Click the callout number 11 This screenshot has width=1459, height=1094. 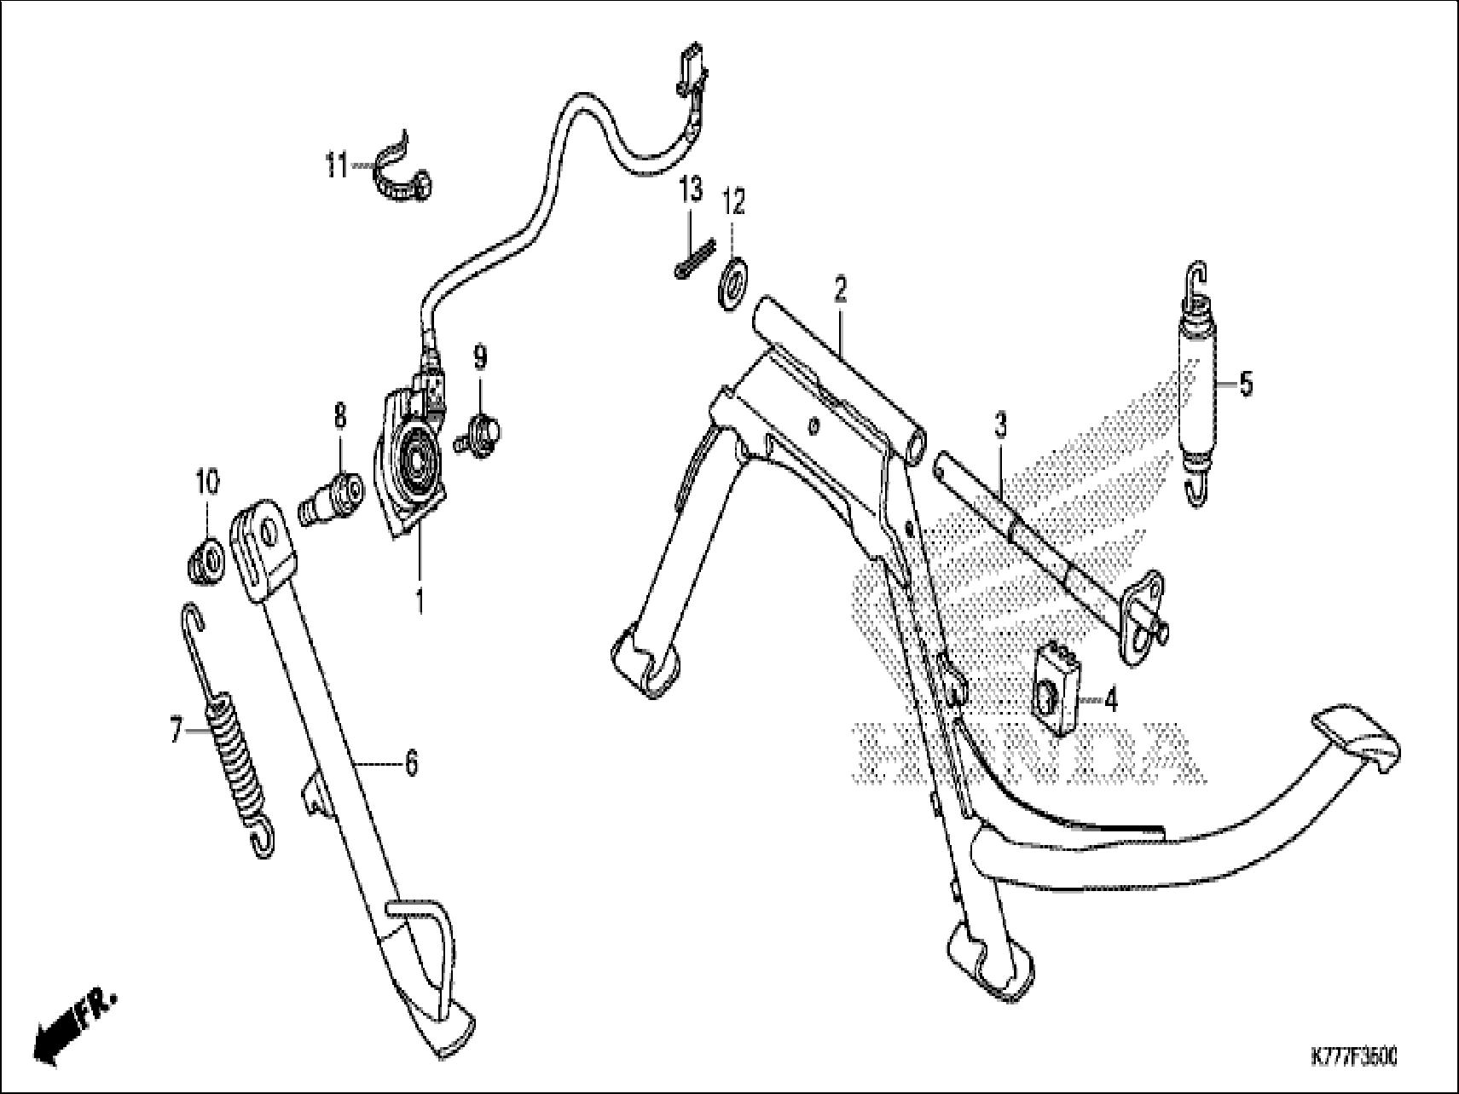(x=336, y=165)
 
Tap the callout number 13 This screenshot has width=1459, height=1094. (x=691, y=189)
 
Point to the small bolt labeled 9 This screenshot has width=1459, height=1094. (x=483, y=428)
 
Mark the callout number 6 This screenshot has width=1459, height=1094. (x=411, y=763)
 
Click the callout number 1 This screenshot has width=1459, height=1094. (x=419, y=601)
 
